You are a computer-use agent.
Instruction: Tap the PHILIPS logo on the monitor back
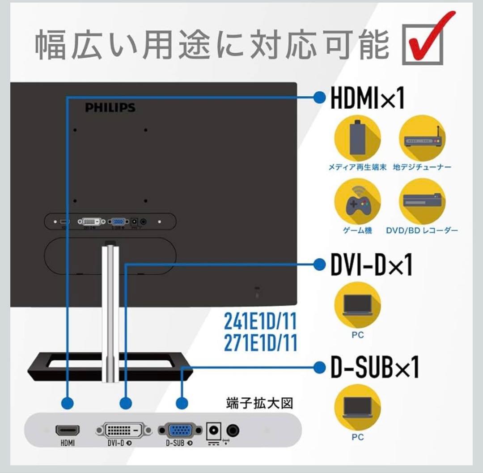pyautogui.click(x=110, y=107)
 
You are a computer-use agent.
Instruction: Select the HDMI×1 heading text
pyautogui.click(x=367, y=98)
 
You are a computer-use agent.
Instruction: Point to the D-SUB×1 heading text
pyautogui.click(x=374, y=368)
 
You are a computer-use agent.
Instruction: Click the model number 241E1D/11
pyautogui.click(x=260, y=321)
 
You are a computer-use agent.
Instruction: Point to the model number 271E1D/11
pyautogui.click(x=260, y=343)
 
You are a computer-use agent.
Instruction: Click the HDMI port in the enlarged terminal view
pyautogui.click(x=68, y=430)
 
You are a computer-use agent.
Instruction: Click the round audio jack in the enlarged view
pyautogui.click(x=233, y=430)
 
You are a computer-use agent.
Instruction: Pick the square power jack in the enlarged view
pyautogui.click(x=214, y=430)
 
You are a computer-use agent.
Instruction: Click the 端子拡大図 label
pyautogui.click(x=259, y=403)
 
